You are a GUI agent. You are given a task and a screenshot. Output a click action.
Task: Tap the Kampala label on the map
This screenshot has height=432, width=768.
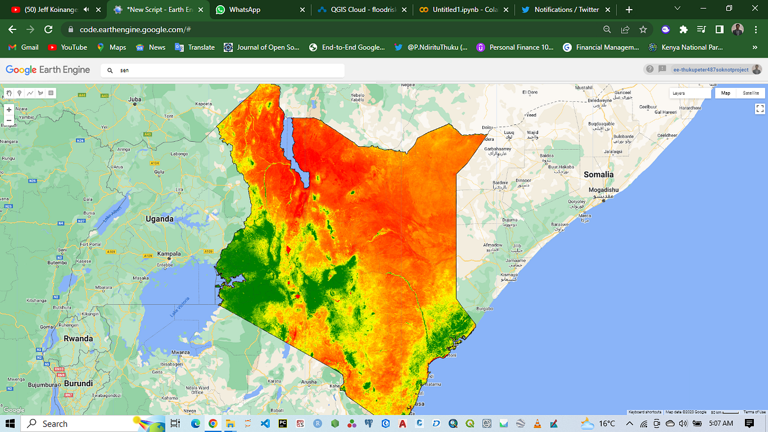169,254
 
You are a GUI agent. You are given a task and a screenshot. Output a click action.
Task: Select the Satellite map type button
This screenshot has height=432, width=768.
751,93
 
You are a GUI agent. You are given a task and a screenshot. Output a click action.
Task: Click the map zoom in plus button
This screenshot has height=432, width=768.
9,110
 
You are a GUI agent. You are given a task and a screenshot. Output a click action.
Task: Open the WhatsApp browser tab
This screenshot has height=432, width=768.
244,10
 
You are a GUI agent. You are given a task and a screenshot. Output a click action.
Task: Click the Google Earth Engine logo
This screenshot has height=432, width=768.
48,70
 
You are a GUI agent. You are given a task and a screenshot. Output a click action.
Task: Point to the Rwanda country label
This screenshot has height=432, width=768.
78,339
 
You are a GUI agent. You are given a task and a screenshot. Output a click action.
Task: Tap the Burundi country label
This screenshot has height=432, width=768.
78,383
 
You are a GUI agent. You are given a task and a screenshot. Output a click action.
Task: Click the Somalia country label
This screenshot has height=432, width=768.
598,175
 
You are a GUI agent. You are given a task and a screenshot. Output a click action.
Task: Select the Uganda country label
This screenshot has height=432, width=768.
159,219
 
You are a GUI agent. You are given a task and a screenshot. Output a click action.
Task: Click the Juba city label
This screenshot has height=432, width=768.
135,100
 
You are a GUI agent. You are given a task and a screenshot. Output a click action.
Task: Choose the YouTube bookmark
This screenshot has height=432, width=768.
68,47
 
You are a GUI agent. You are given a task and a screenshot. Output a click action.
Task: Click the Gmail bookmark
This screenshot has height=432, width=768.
24,47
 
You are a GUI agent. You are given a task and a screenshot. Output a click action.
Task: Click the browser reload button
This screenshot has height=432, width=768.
49,29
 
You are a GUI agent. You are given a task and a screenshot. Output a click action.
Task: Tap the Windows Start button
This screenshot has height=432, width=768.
10,424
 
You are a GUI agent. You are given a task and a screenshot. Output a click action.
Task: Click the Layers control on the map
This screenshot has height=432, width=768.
690,93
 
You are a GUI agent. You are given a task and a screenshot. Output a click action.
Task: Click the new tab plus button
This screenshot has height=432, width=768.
629,10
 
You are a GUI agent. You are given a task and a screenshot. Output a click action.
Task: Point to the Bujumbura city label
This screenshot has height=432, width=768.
28,385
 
